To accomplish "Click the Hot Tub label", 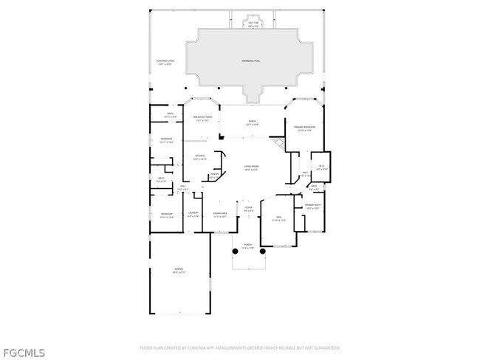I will (253, 24).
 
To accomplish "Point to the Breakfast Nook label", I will (203, 118).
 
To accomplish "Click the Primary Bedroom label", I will (306, 128).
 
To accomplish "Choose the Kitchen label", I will (199, 156).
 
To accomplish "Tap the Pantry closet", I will (215, 176).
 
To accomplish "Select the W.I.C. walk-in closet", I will (321, 167).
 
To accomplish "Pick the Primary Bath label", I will (312, 206).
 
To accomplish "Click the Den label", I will (277, 219).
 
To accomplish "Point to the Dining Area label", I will (219, 215).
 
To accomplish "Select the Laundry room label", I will (193, 215).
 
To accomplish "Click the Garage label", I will (179, 270).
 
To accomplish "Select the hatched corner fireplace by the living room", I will (278, 142).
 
